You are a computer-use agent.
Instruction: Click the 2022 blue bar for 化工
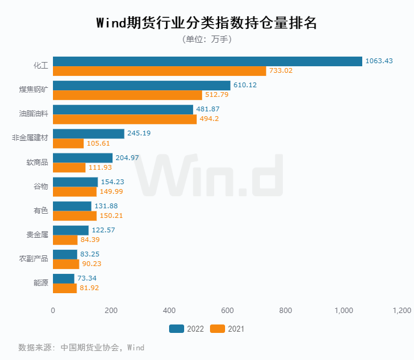(208, 61)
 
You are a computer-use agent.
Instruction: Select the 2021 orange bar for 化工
(159, 71)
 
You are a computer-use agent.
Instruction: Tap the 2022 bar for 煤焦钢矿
(141, 85)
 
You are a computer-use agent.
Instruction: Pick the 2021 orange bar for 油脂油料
(125, 119)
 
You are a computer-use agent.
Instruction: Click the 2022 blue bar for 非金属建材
(88, 134)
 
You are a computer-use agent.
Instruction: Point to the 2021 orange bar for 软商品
(69, 167)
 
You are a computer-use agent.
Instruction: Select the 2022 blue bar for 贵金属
(71, 230)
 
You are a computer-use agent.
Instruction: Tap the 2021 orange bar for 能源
(65, 288)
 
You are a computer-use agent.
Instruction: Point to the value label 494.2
(209, 119)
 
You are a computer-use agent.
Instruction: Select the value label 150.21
(110, 216)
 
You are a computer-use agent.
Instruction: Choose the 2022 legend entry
(187, 329)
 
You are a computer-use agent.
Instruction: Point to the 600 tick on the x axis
(227, 311)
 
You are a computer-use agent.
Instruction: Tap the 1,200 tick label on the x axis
(401, 311)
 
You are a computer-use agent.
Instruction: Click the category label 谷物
(40, 187)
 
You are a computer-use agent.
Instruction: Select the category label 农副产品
(34, 259)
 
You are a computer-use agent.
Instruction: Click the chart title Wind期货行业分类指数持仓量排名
(206, 23)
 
